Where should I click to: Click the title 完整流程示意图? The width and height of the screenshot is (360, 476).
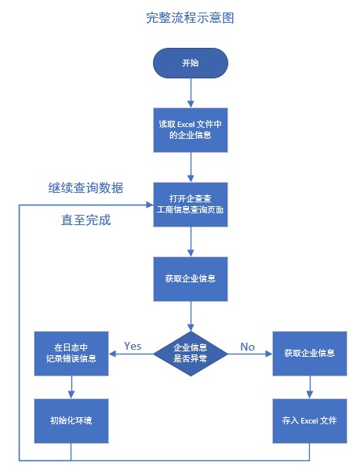pos(190,17)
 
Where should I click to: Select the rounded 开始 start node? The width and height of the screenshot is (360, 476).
pos(191,63)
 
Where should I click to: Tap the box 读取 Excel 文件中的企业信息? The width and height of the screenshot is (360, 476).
pos(191,129)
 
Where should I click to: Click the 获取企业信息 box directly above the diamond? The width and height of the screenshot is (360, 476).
pos(191,278)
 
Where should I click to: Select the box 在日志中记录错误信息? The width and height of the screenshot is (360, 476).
pos(71,353)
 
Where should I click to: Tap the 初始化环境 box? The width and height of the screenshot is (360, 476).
pos(71,420)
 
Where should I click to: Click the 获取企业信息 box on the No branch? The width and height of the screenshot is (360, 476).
pos(309,353)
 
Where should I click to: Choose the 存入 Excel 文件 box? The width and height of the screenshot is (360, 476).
pos(309,420)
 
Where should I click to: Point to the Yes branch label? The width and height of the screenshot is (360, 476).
pos(133,346)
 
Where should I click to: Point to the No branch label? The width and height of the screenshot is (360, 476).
pos(247,346)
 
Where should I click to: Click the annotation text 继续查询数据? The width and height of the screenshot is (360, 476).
pos(85,188)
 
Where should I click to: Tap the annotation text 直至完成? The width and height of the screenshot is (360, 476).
pos(85,220)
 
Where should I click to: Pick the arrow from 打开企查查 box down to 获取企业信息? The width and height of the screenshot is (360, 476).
pos(191,242)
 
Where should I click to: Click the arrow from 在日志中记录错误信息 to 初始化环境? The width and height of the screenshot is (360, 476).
pos(71,386)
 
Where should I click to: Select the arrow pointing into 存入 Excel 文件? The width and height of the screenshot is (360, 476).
pos(309,386)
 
